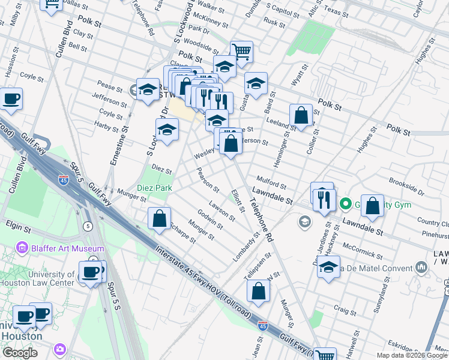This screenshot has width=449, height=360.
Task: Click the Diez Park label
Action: pos(155,188)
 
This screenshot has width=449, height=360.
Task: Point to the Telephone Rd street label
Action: pos(262,221)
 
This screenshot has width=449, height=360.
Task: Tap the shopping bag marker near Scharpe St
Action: pos(160,218)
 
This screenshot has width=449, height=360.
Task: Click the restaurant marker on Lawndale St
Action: pos(324,197)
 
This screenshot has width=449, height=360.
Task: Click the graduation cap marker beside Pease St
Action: pos(147,90)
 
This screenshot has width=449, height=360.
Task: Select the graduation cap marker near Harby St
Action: pos(167,129)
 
